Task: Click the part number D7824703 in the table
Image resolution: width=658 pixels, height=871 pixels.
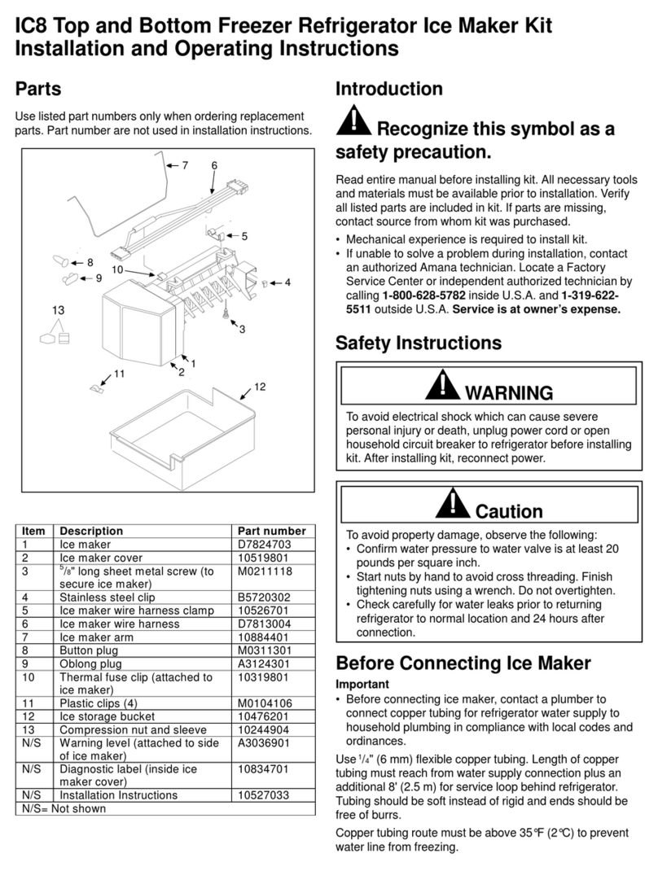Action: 264,545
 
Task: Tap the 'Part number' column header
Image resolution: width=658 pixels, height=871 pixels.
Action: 271,531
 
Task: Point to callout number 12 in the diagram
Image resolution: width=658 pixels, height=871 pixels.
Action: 260,387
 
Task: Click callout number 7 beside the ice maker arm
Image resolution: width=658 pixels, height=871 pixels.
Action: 185,165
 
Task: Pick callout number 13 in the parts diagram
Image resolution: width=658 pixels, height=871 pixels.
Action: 58,310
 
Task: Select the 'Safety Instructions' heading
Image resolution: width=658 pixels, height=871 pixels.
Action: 419,344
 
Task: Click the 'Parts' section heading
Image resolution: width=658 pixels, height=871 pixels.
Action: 38,88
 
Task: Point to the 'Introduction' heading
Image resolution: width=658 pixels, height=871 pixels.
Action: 388,89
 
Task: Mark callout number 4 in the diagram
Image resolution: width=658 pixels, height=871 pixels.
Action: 287,282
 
